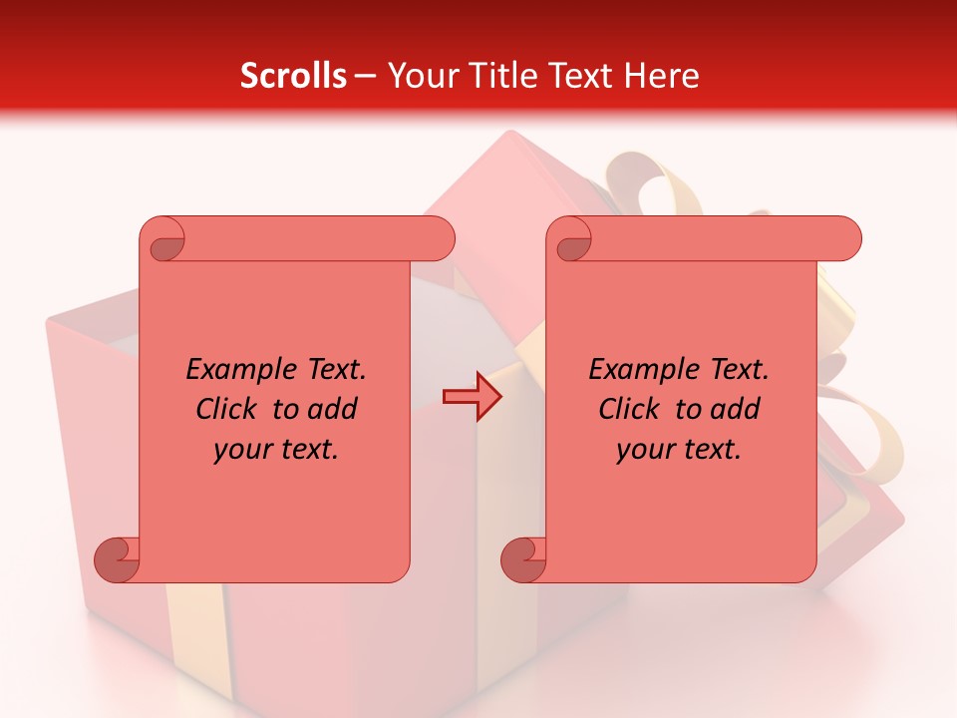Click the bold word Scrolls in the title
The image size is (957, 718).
pos(293,75)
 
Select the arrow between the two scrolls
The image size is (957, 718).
pos(472,397)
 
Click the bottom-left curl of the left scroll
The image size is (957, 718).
pos(117,558)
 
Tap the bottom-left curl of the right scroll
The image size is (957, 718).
pos(523,558)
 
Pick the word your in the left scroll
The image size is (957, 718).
pos(242,450)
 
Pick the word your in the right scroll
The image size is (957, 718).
pos(645,450)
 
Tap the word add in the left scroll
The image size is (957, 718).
pos(334,410)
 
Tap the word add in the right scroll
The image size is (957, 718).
pos(737,410)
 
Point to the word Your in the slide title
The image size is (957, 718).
pos(420,75)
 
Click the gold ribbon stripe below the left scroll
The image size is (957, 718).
pos(194,638)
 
